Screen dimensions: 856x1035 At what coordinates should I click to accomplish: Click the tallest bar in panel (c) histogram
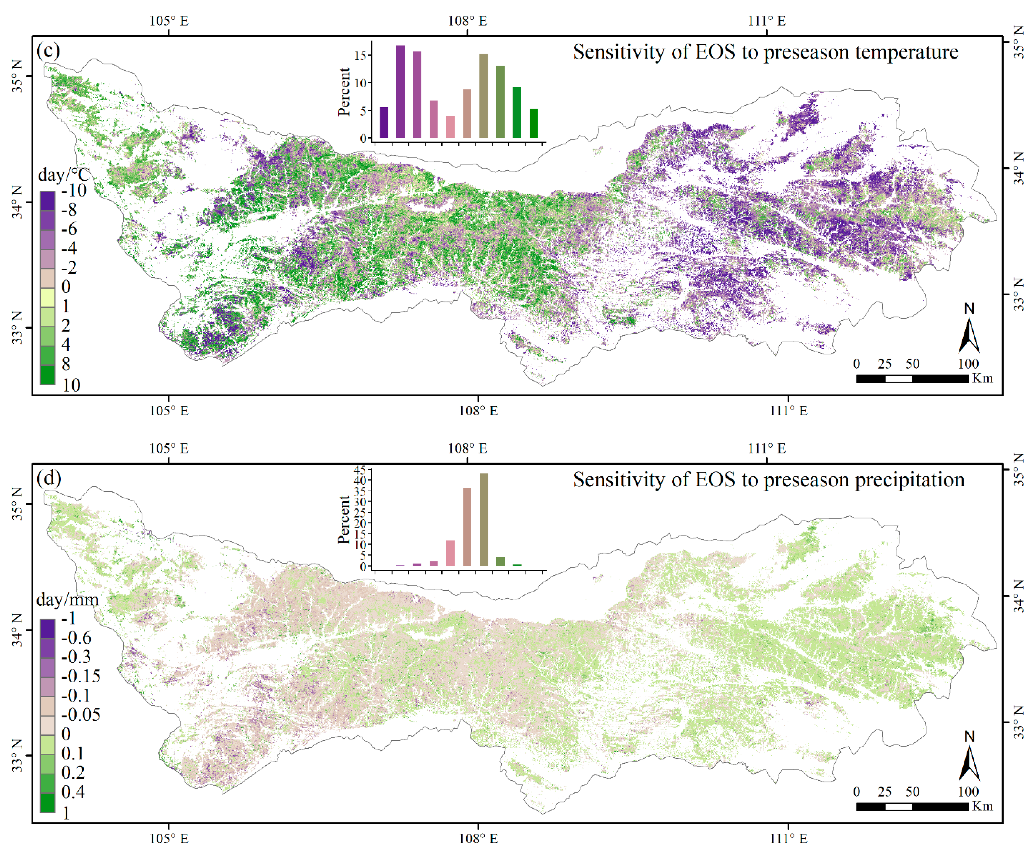click(400, 91)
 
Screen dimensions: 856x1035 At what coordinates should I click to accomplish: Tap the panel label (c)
click(48, 51)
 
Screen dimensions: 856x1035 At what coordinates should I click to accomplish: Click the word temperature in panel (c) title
click(907, 52)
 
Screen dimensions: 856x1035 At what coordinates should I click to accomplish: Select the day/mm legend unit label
click(67, 600)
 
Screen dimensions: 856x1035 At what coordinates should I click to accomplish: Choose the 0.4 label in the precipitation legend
click(73, 792)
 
